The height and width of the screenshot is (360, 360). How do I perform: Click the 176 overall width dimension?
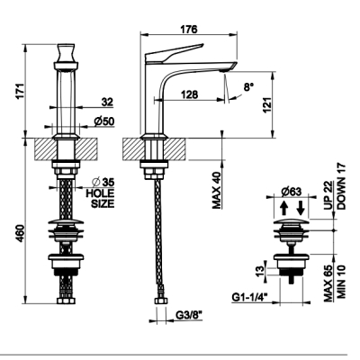tap(189, 30)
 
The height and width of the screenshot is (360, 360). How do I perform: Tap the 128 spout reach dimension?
tap(189, 94)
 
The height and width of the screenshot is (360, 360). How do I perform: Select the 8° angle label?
tap(248, 87)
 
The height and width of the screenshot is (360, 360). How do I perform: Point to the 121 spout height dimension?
tap(267, 103)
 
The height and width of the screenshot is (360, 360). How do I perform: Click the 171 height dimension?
tap(20, 91)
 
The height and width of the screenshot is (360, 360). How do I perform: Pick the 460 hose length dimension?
tap(20, 233)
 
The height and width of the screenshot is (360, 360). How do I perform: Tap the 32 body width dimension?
tap(107, 102)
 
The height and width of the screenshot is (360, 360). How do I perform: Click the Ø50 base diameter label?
tap(103, 121)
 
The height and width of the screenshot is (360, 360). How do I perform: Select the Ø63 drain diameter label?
tap(292, 192)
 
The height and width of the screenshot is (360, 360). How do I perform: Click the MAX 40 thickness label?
tap(217, 191)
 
